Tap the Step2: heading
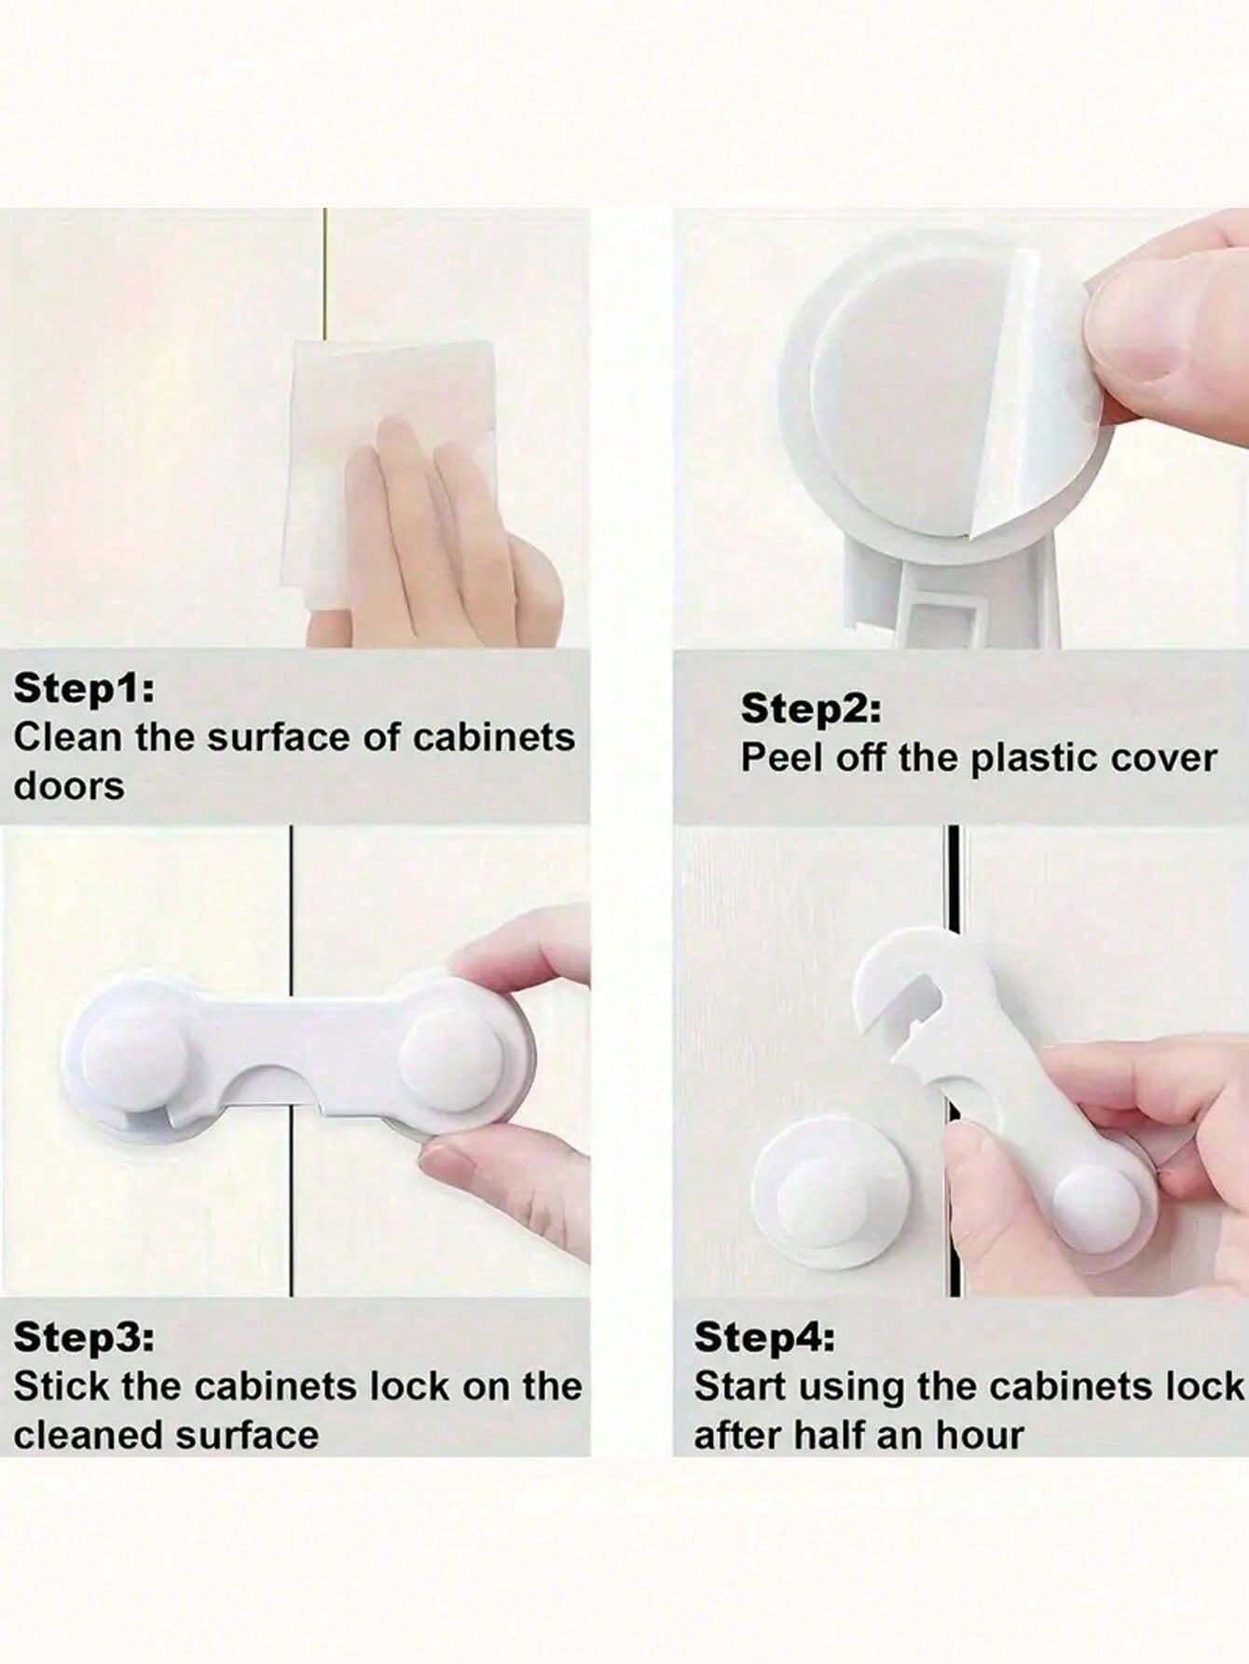tap(810, 709)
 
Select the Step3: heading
tap(85, 1338)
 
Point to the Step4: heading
tap(764, 1338)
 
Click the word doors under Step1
tap(68, 786)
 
